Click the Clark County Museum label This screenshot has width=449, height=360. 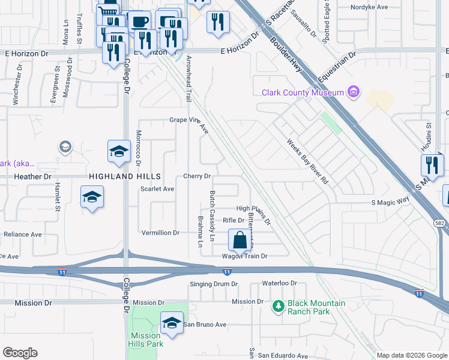[x=302, y=92]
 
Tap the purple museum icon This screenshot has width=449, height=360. [x=354, y=92]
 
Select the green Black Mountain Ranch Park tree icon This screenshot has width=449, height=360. [x=278, y=307]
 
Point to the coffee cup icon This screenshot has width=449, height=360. [x=140, y=22]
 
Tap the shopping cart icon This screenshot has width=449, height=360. [x=107, y=11]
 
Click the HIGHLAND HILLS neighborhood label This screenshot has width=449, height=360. [x=125, y=176]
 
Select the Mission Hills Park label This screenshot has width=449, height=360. [x=145, y=340]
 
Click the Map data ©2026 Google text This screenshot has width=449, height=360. [x=411, y=355]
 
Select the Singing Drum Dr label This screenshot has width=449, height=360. [x=214, y=284]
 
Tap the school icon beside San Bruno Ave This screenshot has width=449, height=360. [x=172, y=322]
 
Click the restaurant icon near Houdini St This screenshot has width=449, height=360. [x=433, y=164]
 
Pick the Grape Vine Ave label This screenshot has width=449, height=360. [x=188, y=124]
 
